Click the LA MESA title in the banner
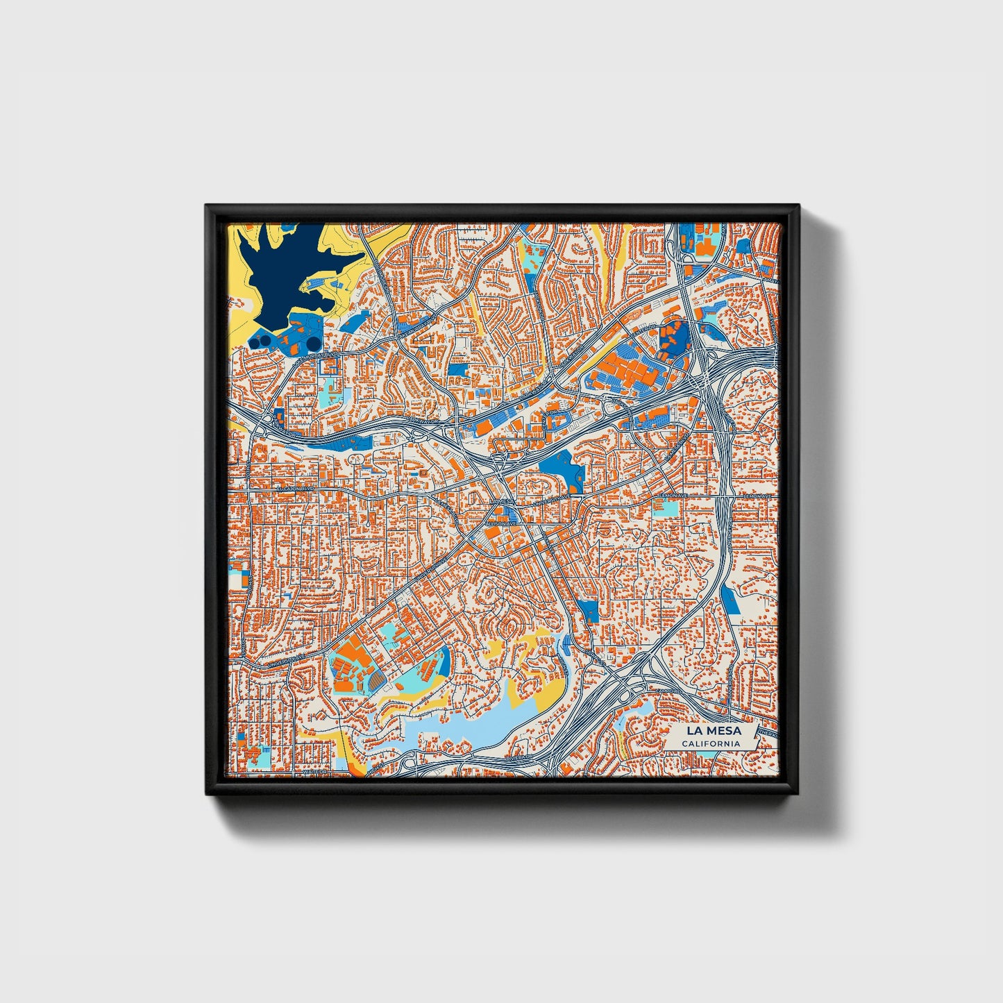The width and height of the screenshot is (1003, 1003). [x=713, y=730]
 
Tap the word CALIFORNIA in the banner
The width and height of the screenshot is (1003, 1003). [x=710, y=743]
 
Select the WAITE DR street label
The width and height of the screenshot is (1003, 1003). [x=314, y=771]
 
